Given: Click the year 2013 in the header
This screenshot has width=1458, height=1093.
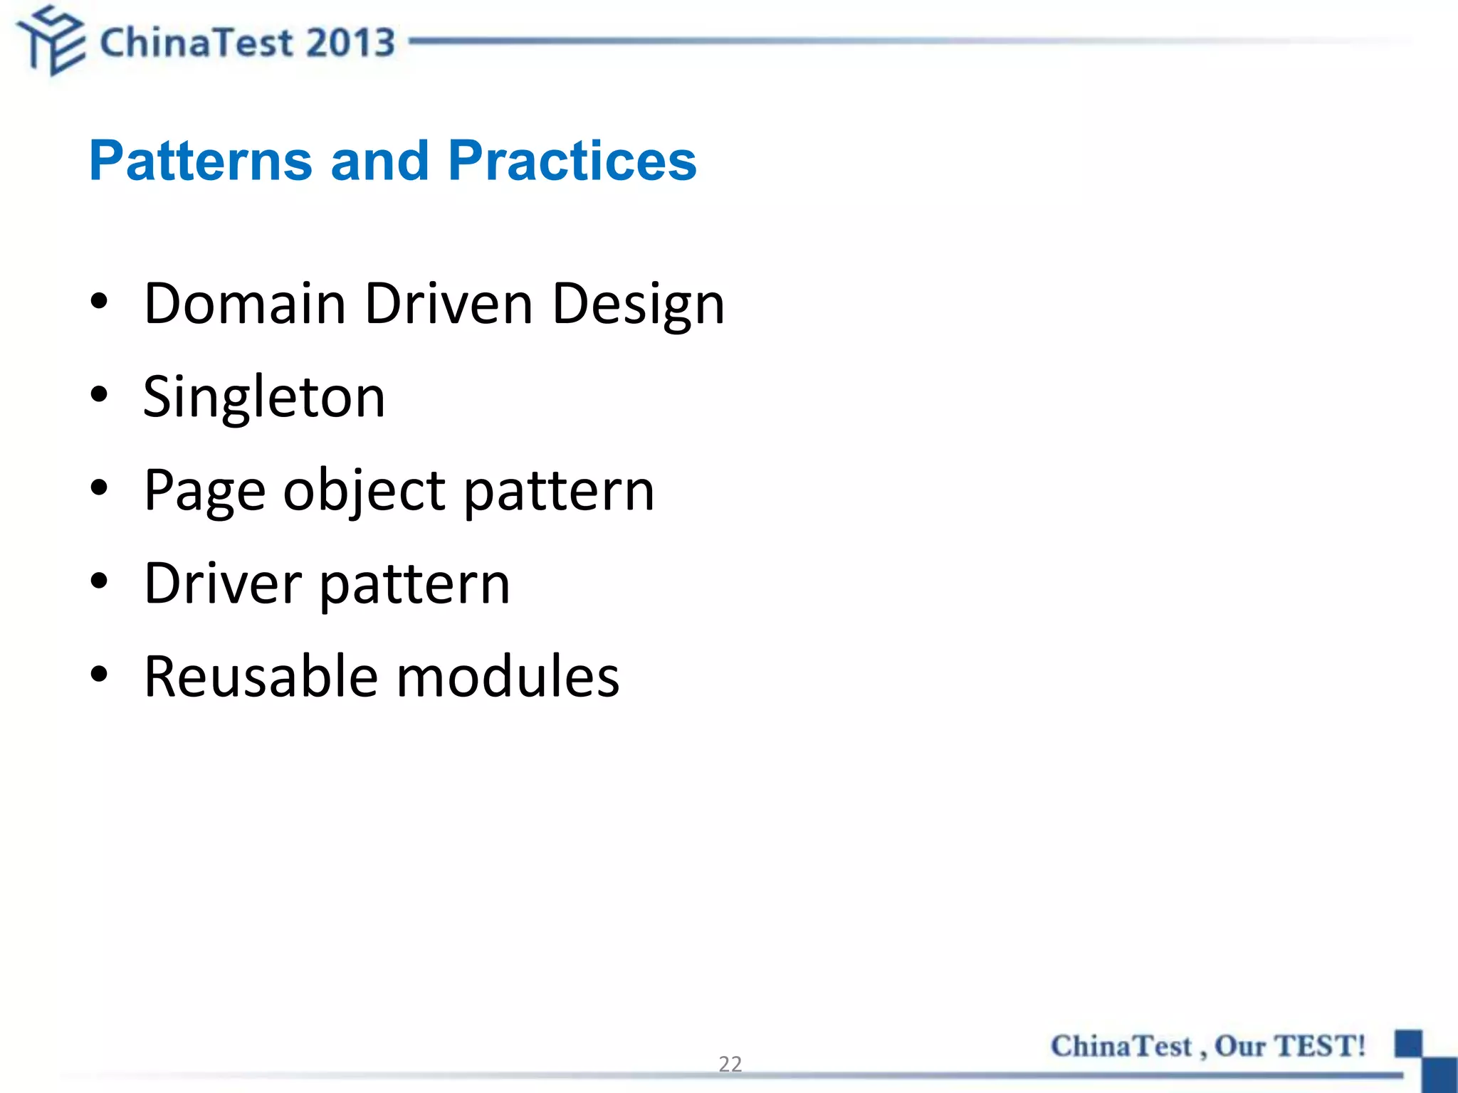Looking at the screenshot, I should click(x=350, y=43).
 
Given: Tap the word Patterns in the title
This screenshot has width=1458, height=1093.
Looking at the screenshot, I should click(x=200, y=161).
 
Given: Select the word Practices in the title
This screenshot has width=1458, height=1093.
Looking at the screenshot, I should click(x=572, y=161).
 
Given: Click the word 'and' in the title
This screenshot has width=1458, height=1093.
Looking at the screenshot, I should click(x=379, y=161).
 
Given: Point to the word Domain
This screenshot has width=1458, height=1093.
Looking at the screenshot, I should click(x=245, y=304).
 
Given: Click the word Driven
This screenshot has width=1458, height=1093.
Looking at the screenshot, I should click(x=449, y=304).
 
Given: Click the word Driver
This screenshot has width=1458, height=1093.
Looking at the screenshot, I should click(x=223, y=584).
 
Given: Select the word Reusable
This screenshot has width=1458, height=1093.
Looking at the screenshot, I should click(x=261, y=677).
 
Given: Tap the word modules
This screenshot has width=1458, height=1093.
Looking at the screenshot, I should click(x=508, y=677).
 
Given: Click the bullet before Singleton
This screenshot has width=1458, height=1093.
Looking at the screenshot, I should click(x=99, y=394).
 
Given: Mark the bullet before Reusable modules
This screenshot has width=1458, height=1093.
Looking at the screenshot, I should click(x=99, y=673).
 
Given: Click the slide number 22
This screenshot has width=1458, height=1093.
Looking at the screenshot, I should click(x=730, y=1064).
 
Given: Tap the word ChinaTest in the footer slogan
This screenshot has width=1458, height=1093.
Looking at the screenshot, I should click(x=1121, y=1046).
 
